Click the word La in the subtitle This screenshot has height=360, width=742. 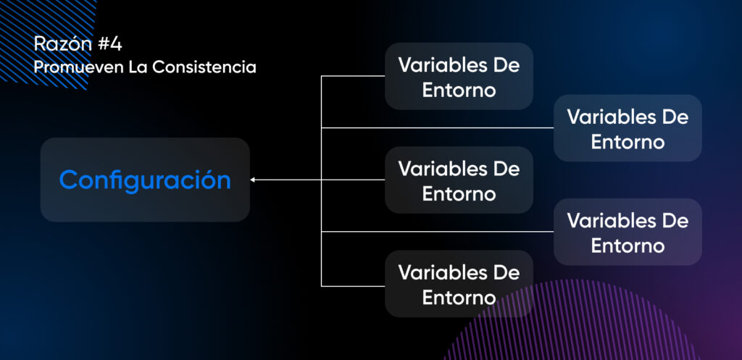[x=138, y=67]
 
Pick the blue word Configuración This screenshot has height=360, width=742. [x=145, y=180]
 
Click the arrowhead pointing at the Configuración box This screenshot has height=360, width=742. [x=253, y=180]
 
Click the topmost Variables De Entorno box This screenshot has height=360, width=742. [x=459, y=76]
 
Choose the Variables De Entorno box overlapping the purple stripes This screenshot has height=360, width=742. [x=459, y=283]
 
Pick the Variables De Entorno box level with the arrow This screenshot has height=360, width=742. [x=459, y=180]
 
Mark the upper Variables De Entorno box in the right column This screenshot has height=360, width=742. [x=628, y=127]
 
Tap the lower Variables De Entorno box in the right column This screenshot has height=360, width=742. [x=628, y=232]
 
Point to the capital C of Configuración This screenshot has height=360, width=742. [x=69, y=180]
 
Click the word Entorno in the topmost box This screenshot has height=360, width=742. [x=459, y=90]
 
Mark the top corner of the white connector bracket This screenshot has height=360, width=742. [x=321, y=75]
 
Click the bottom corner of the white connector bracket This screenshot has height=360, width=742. [x=321, y=286]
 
